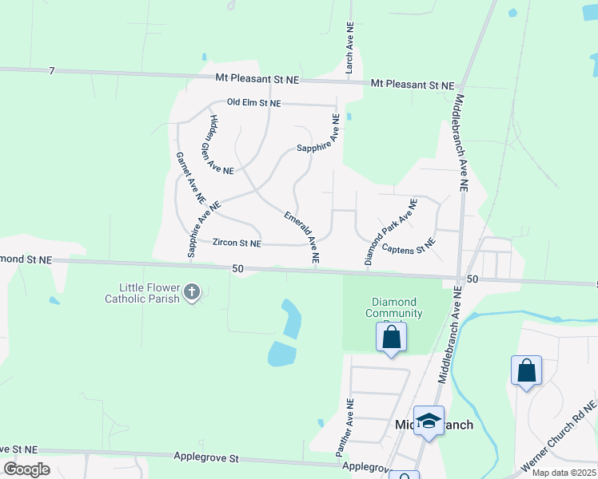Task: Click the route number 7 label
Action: click(x=51, y=72)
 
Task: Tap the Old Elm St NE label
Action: click(x=254, y=103)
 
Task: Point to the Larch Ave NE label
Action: click(x=349, y=49)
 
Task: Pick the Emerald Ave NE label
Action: click(x=301, y=238)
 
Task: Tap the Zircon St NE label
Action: click(x=237, y=243)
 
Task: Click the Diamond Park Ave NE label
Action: click(x=391, y=232)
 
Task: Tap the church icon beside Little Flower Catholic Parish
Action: click(x=191, y=292)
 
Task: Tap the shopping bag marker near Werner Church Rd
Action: click(x=526, y=370)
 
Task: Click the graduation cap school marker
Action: click(x=429, y=422)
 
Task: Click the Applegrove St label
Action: click(x=206, y=458)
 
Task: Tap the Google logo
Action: click(x=27, y=469)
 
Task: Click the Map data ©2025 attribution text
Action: click(x=563, y=473)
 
